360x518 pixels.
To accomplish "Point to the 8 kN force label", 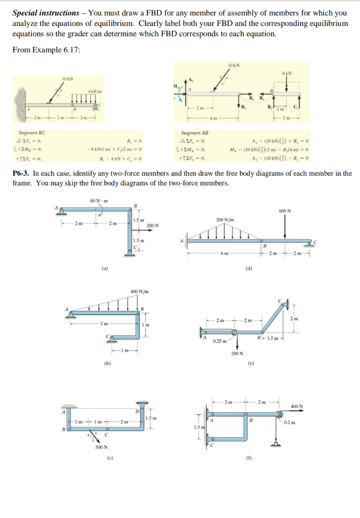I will [286, 72].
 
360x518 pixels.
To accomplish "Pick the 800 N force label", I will [285, 211].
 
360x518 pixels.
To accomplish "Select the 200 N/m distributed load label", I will [224, 219].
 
